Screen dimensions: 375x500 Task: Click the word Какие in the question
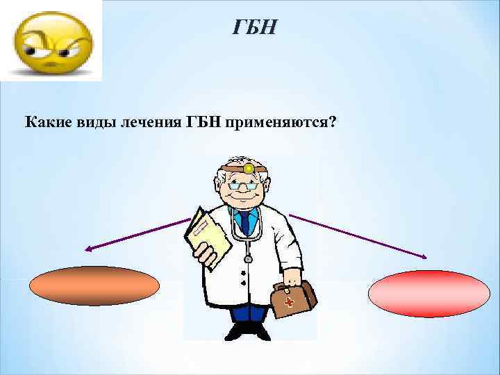tap(47, 123)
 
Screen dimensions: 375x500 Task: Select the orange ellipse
tap(95, 286)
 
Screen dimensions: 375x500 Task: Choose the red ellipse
tap(428, 293)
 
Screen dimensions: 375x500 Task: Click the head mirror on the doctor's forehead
tap(248, 168)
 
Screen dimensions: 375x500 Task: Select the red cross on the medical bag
tap(287, 304)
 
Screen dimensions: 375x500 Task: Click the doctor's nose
tap(244, 192)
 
